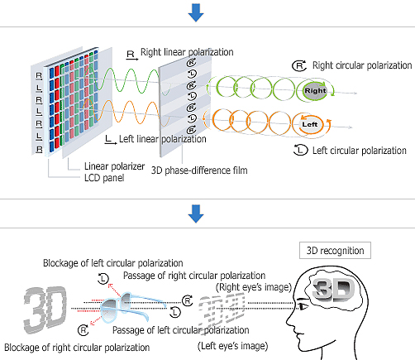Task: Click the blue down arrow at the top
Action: click(x=196, y=12)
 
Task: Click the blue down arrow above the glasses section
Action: click(x=196, y=214)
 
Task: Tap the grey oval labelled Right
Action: click(x=315, y=90)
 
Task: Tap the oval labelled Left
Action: click(x=310, y=124)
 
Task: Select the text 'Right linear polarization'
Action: click(x=187, y=52)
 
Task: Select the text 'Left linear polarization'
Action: click(x=163, y=139)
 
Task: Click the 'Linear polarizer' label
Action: click(x=114, y=166)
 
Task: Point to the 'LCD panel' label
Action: click(x=104, y=178)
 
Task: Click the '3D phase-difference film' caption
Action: click(x=199, y=170)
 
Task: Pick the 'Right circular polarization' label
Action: click(x=362, y=65)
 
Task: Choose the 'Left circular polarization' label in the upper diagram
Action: click(x=360, y=151)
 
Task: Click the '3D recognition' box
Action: click(x=335, y=251)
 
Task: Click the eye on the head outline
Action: click(x=303, y=306)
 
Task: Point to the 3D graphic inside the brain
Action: click(x=333, y=290)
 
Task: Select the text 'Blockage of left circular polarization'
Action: click(x=113, y=263)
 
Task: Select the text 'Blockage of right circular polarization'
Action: click(x=77, y=348)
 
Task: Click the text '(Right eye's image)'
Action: click(x=254, y=287)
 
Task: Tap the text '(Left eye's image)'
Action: click(x=233, y=346)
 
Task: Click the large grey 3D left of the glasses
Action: click(x=45, y=310)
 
